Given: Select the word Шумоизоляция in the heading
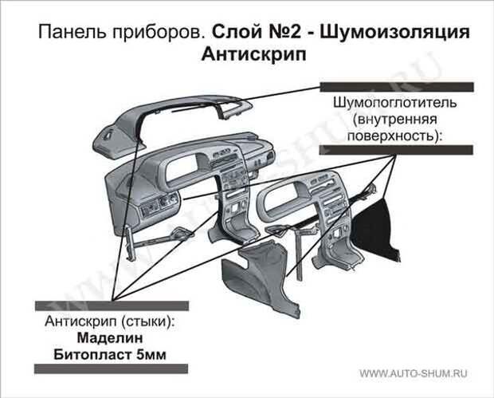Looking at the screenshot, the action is coord(395,33).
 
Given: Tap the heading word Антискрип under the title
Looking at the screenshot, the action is coord(254,55).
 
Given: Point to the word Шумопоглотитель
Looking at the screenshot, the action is coord(395,103).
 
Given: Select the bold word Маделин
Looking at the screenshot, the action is coord(110,338).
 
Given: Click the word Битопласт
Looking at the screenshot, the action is coord(92,355).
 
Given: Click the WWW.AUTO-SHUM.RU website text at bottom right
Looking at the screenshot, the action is coord(414,374).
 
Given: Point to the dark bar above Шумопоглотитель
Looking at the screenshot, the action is coord(397,87).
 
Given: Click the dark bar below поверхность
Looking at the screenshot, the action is coord(396,150).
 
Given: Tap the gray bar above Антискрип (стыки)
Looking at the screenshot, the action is coord(112,306).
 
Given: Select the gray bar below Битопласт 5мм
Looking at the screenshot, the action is coord(112,368).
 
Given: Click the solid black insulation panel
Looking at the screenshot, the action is coord(378,231).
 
